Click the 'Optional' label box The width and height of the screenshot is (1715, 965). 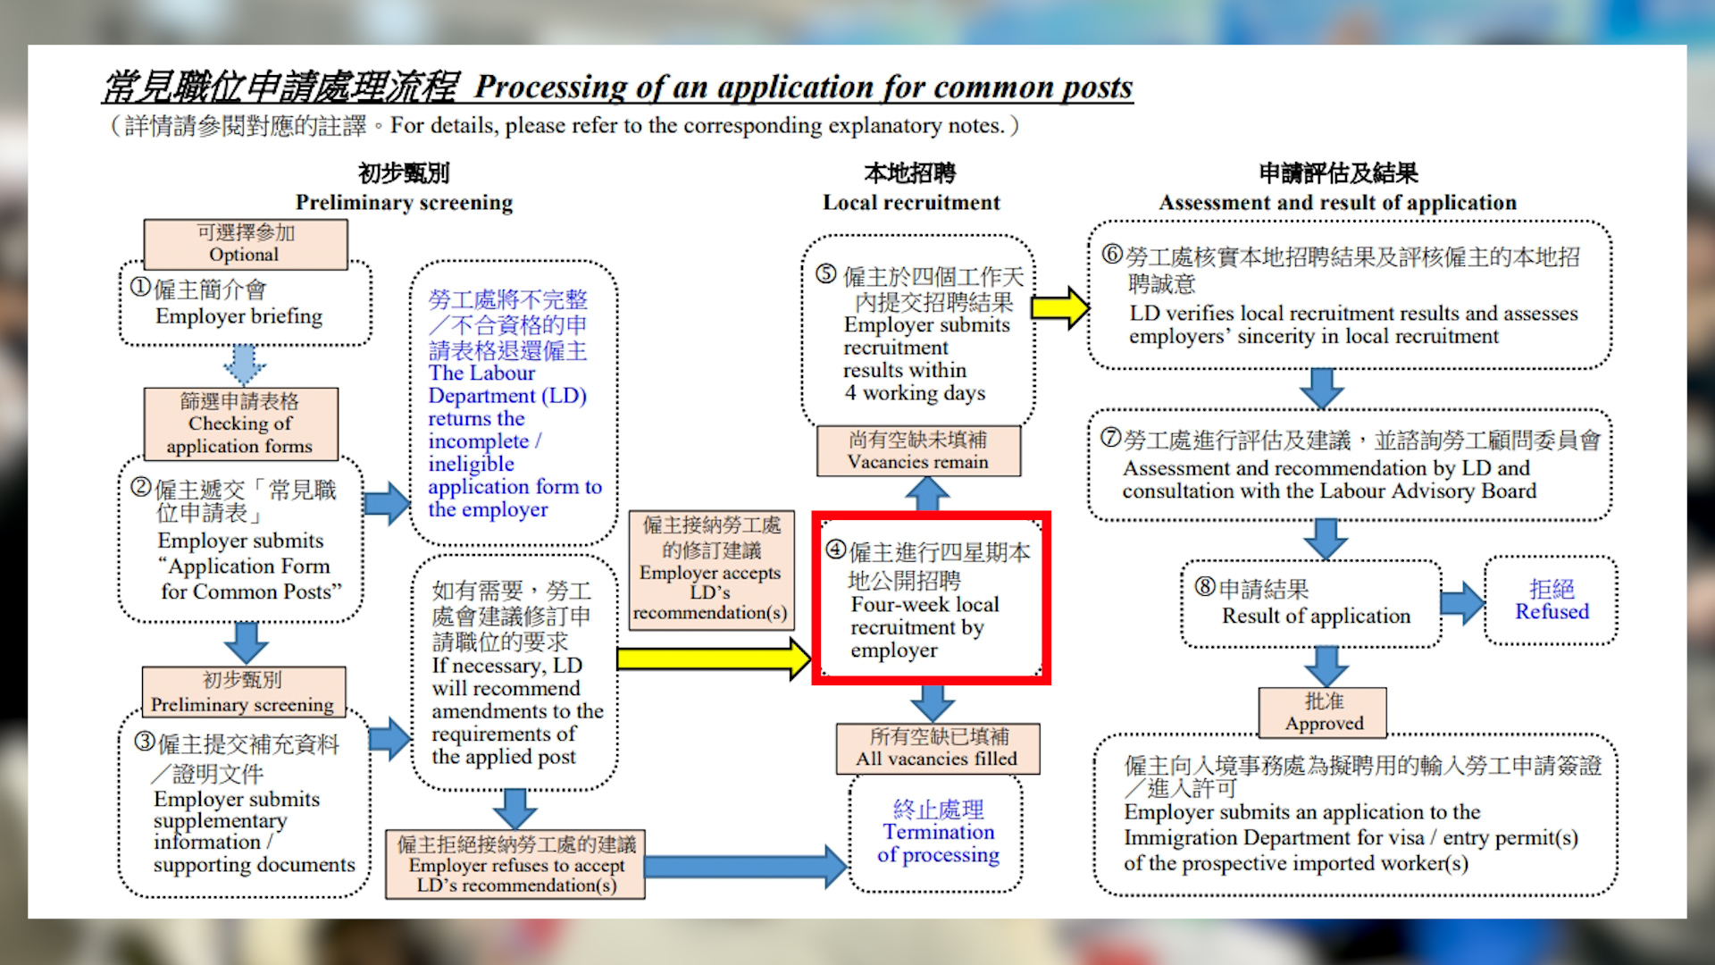click(245, 244)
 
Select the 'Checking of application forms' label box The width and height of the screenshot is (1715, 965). click(240, 424)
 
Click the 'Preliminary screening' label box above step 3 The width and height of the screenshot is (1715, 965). click(243, 692)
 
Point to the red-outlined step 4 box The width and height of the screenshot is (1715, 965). click(931, 599)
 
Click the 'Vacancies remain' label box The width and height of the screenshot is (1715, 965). click(918, 450)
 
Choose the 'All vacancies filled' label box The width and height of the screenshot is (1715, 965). click(937, 748)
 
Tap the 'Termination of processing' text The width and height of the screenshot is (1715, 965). click(938, 833)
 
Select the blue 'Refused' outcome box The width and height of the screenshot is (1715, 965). click(1552, 600)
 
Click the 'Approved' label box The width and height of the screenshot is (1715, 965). click(1324, 712)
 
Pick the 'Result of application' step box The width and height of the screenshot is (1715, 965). click(1311, 603)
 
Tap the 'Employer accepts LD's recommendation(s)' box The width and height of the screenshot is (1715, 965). click(712, 570)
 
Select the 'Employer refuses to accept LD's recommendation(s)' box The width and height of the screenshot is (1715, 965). click(515, 864)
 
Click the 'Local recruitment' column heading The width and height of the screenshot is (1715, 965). click(911, 203)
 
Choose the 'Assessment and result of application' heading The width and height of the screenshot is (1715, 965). click(1338, 203)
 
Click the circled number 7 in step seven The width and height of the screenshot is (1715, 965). click(1110, 438)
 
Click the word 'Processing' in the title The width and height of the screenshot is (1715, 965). click(550, 88)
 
